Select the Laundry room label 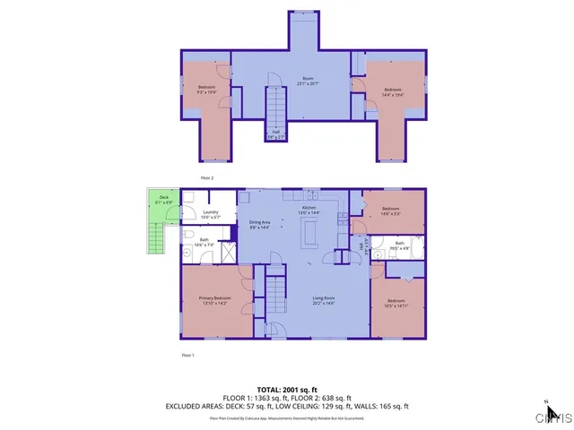[211, 214]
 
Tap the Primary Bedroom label [215, 300]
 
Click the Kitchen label [309, 210]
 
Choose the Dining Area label [260, 225]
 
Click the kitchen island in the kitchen [310, 233]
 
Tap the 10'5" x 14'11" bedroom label [396, 303]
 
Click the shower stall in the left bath [228, 253]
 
